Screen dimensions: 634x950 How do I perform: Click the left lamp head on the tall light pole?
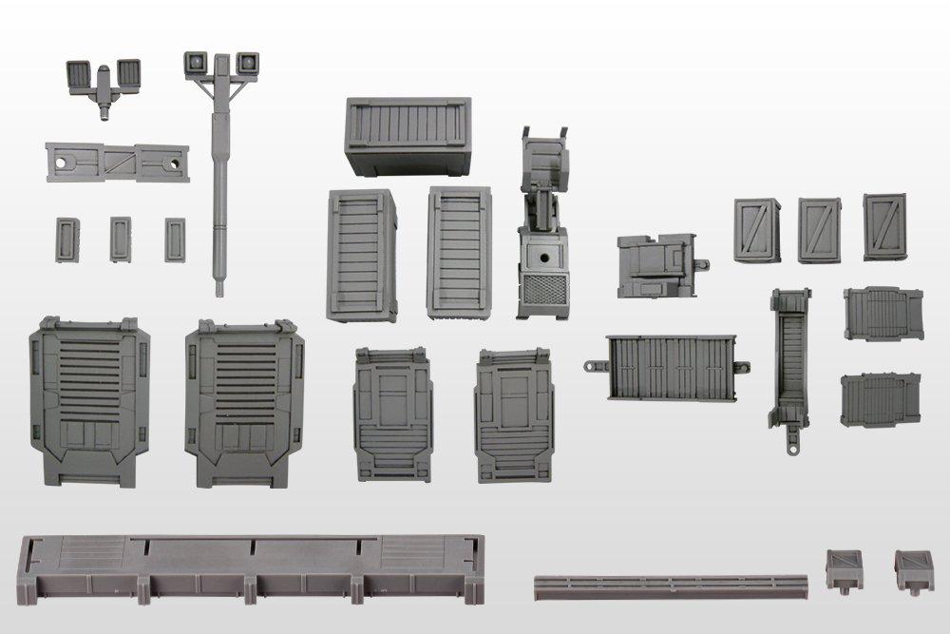tap(197, 62)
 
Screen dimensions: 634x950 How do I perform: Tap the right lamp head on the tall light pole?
tap(246, 62)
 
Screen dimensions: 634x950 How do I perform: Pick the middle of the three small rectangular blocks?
tap(120, 239)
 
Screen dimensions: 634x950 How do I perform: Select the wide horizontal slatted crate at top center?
tap(408, 136)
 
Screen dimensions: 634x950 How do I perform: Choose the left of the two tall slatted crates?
tap(361, 254)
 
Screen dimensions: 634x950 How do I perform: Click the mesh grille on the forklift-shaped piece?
tap(543, 295)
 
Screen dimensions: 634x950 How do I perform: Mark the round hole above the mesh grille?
tap(544, 258)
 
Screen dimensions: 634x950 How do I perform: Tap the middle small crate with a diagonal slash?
tap(819, 230)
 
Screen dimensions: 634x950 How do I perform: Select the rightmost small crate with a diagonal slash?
tap(883, 226)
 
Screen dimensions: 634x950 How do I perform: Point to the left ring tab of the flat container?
tap(595, 364)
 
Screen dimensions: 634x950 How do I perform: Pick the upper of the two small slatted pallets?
tap(883, 314)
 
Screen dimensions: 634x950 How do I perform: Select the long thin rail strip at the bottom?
tap(670, 582)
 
